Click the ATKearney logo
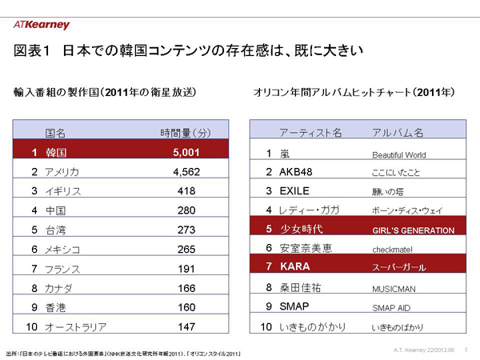click(42, 25)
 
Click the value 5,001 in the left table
click(185, 150)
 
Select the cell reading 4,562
click(185, 171)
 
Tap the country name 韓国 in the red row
click(57, 151)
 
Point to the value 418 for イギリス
click(185, 191)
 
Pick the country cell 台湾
click(57, 230)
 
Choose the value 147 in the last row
click(185, 327)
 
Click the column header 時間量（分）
click(185, 131)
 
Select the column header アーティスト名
click(310, 131)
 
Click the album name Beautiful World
click(399, 154)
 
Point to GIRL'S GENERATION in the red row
click(414, 230)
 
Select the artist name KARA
click(294, 266)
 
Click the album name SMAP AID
click(391, 308)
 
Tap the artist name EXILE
click(295, 191)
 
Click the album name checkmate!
click(393, 250)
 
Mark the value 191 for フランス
click(185, 269)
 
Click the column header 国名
click(55, 131)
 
